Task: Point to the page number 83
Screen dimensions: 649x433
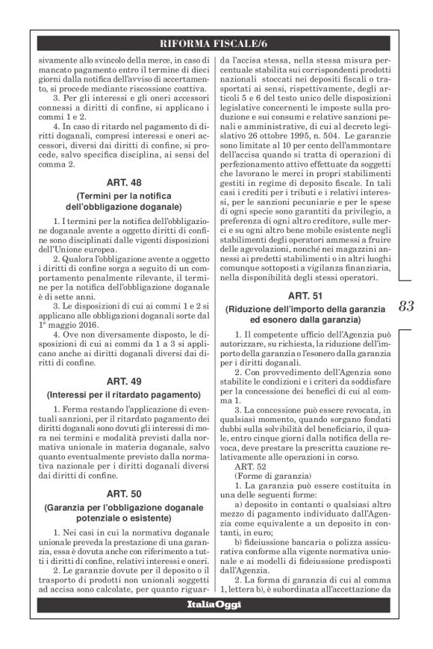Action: (x=408, y=305)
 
